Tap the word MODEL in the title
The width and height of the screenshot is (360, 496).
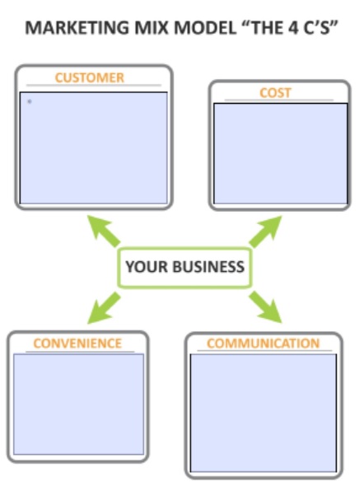[205, 28]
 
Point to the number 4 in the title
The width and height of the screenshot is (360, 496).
[293, 28]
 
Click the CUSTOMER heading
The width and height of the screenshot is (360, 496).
[90, 77]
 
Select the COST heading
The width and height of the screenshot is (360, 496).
[275, 93]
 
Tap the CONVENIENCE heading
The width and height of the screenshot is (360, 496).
[77, 344]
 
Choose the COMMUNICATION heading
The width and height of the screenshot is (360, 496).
[263, 344]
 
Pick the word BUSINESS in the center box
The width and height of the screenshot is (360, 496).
[208, 267]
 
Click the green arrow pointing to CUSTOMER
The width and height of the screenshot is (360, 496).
[103, 231]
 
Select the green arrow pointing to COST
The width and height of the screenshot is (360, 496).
[265, 232]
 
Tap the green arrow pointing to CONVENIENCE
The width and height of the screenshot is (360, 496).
[104, 308]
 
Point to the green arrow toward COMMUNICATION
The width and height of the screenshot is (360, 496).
[265, 307]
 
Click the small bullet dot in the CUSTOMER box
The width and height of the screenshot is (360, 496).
[30, 101]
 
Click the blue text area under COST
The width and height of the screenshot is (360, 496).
[281, 153]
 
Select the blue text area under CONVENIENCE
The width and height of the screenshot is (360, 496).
[78, 405]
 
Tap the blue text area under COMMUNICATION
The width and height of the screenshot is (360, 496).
[263, 413]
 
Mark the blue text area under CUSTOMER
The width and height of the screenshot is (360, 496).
[94, 148]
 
